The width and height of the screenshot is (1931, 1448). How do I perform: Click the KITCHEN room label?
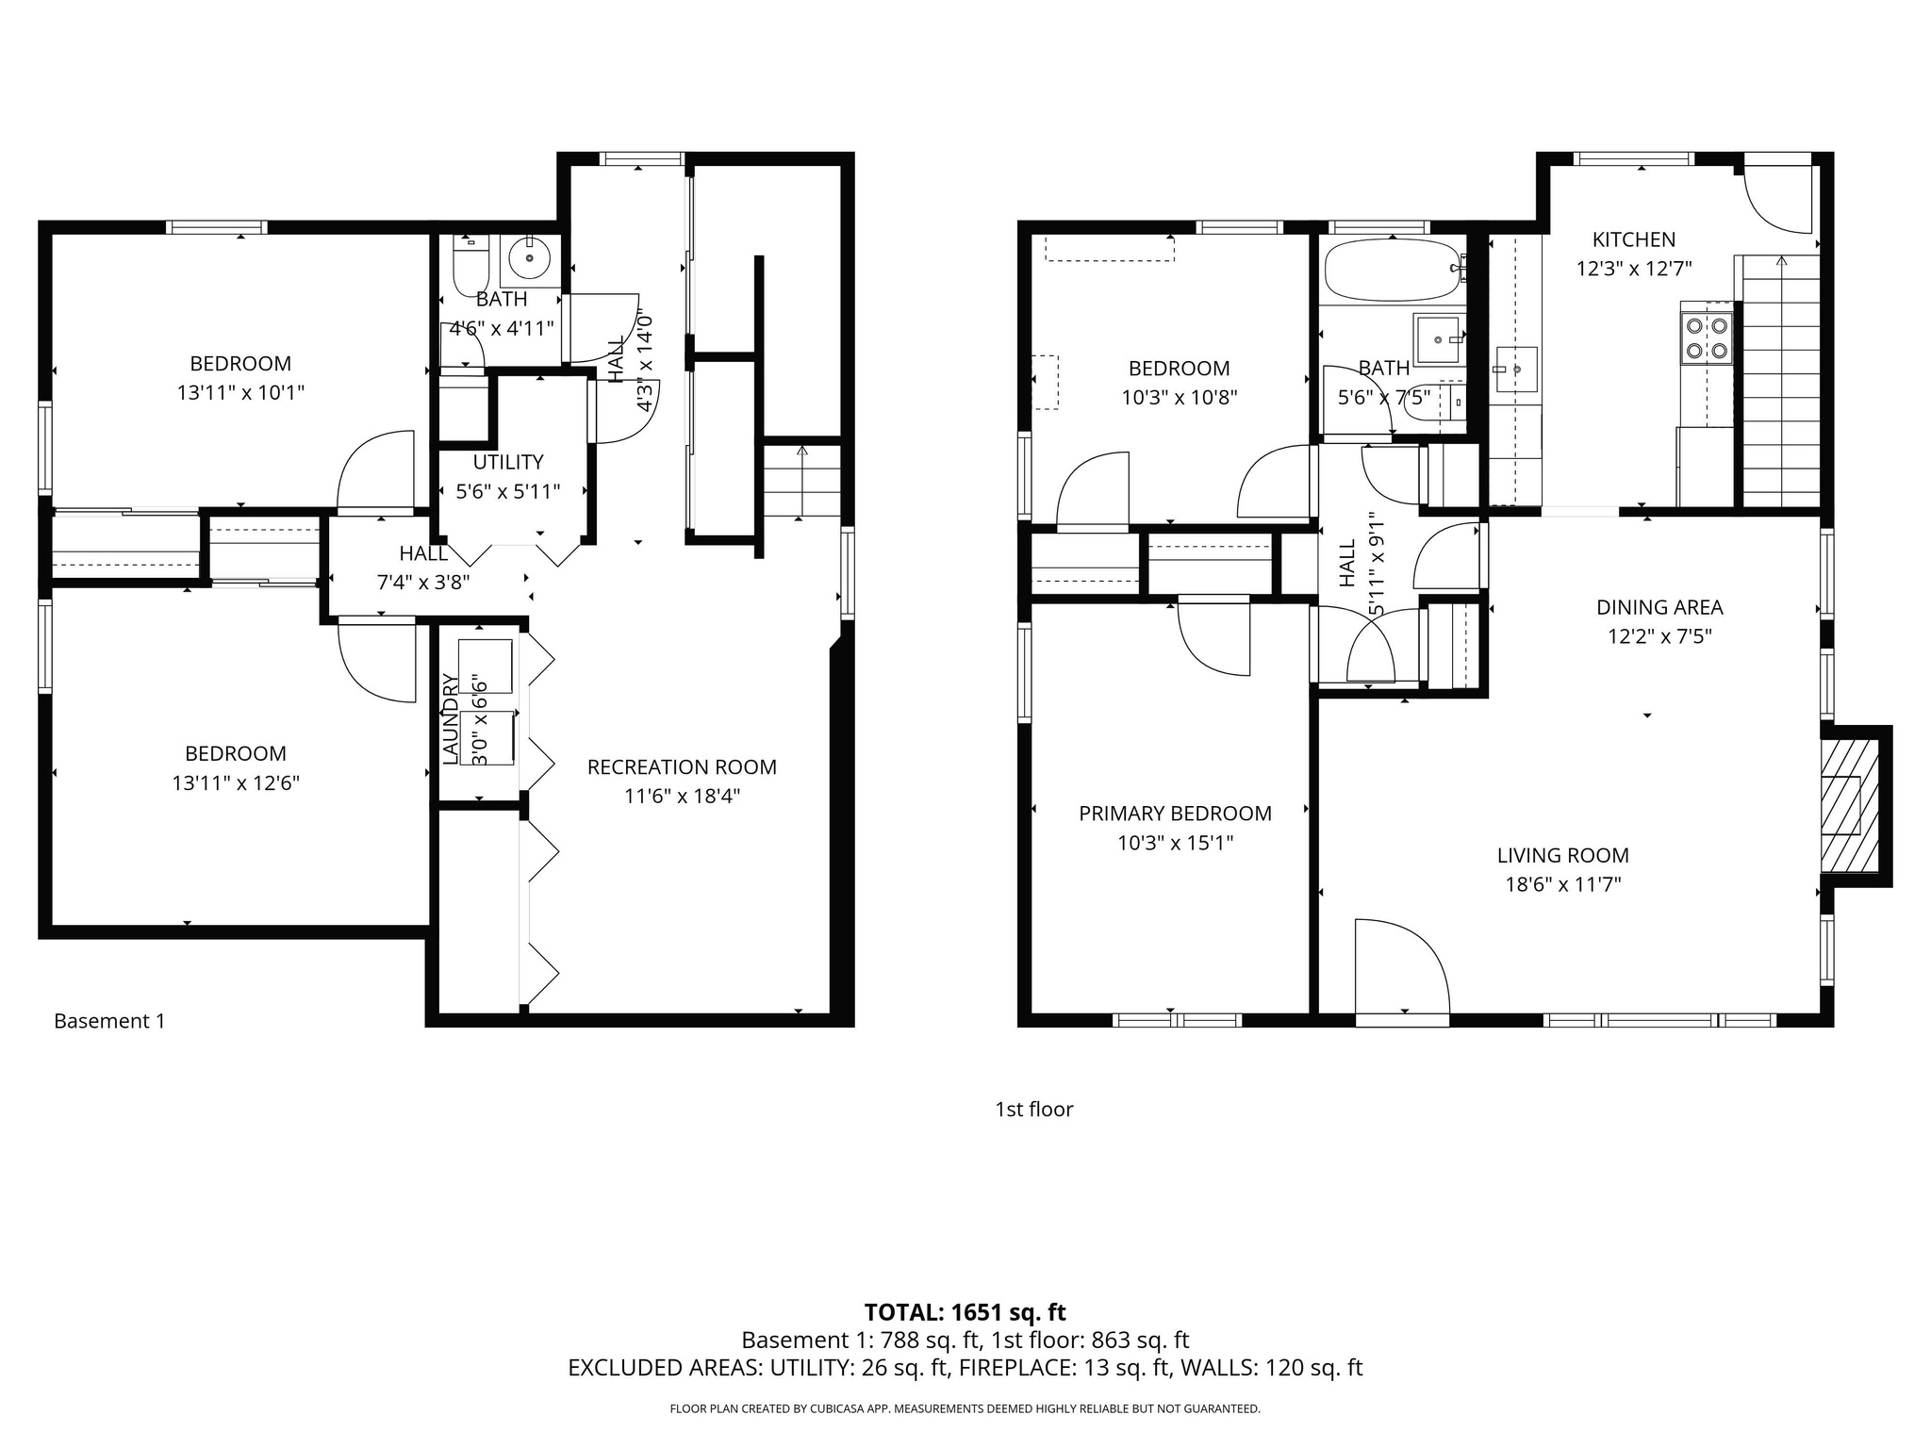pyautogui.click(x=1633, y=239)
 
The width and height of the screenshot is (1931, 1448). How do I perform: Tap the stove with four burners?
pyautogui.click(x=1707, y=338)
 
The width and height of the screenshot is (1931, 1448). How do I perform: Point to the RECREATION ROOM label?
pyautogui.click(x=682, y=767)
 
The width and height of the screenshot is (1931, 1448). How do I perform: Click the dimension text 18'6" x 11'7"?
pyautogui.click(x=1562, y=884)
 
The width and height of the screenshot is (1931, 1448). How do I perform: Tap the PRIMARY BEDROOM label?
pyautogui.click(x=1175, y=814)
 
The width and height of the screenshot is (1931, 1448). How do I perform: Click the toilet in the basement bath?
pyautogui.click(x=470, y=269)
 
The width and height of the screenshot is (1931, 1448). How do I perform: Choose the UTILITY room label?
pyautogui.click(x=508, y=462)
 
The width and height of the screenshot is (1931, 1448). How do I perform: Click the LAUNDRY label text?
pyautogui.click(x=451, y=718)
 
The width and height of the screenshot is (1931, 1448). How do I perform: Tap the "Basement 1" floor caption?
pyautogui.click(x=109, y=1021)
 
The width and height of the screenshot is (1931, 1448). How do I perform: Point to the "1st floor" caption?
pyautogui.click(x=1033, y=1110)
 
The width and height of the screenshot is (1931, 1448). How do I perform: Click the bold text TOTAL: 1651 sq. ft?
pyautogui.click(x=965, y=1312)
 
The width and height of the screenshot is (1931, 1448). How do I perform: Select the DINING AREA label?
pyautogui.click(x=1659, y=607)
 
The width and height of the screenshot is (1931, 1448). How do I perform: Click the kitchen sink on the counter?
pyautogui.click(x=1515, y=370)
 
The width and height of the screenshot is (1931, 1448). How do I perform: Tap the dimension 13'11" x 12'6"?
pyautogui.click(x=235, y=782)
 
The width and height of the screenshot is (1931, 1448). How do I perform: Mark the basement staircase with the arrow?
pyautogui.click(x=801, y=481)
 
